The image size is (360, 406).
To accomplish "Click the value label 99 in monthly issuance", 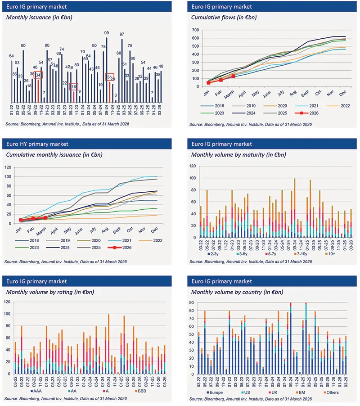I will point(107,33).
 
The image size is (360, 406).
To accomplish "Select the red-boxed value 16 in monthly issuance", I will point(74,86).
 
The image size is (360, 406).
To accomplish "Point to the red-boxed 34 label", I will point(38,75).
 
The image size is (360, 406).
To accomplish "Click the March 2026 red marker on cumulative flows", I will point(233,76).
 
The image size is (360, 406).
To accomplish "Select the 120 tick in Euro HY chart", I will point(8,167).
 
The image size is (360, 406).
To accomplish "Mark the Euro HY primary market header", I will point(37,144).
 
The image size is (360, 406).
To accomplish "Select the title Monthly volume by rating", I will point(49,292).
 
